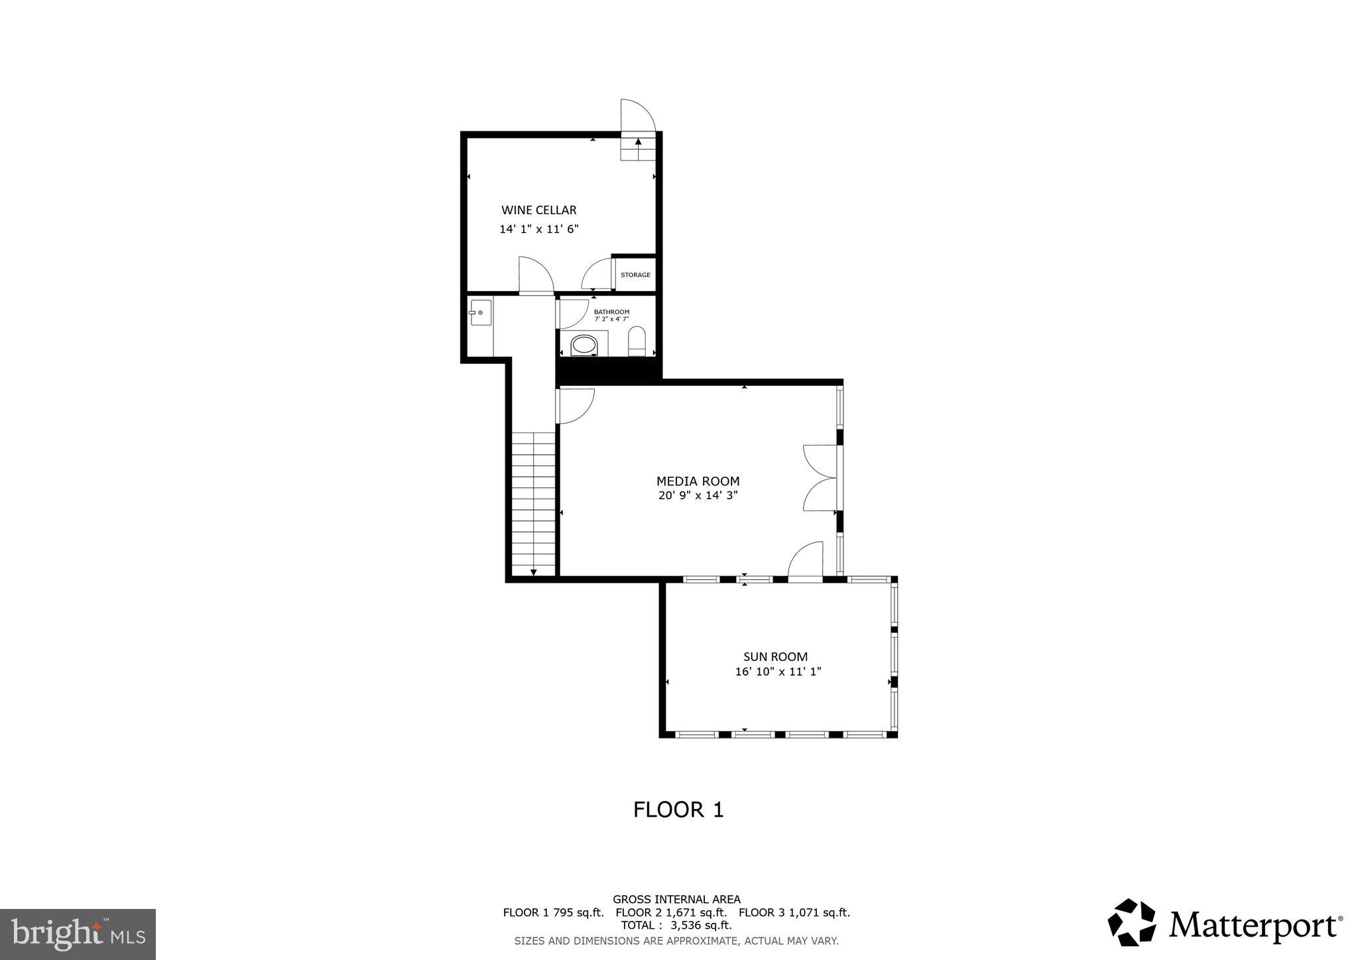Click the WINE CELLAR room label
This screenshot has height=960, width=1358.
point(538,210)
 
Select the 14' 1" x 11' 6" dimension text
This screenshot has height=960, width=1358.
point(538,229)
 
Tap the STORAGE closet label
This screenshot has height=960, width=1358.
point(635,275)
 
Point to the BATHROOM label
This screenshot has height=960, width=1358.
point(611,312)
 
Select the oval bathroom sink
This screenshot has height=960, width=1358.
point(584,345)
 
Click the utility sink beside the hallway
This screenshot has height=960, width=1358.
point(480,312)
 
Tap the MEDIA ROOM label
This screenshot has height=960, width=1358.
point(698,481)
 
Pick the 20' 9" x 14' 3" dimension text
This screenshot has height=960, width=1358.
point(698,495)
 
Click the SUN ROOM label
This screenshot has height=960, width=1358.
point(775,657)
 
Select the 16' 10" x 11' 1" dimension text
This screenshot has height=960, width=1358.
point(778,672)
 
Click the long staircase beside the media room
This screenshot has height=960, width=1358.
point(533,504)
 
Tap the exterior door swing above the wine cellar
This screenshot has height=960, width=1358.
point(637,116)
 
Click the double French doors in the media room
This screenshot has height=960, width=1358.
point(819,477)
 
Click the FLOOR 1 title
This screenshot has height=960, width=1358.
point(678,810)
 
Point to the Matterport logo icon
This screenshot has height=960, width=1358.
point(1131,922)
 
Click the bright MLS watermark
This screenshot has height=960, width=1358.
point(78,934)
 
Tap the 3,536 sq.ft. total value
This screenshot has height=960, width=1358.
point(702,926)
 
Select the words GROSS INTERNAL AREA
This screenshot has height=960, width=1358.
point(676,900)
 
